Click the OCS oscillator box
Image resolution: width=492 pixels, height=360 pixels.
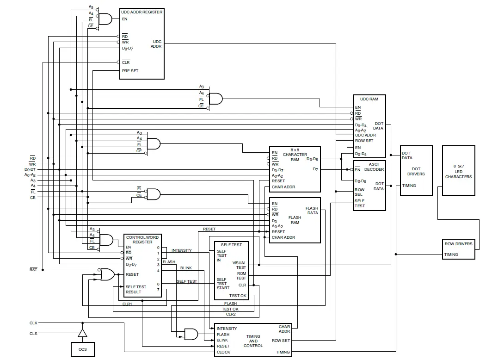pos(82,349)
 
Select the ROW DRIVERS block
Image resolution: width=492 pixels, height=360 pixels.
pos(458,249)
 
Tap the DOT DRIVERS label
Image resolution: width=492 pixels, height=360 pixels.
pos(416,171)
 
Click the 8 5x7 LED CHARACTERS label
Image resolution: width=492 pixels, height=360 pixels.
pos(458,171)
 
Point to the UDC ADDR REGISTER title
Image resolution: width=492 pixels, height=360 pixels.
pos(142,12)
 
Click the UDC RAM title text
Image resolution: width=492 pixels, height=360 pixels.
pos(369,99)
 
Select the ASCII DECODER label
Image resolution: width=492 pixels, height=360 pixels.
pos(374,167)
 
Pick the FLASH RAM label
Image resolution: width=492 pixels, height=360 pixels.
pos(295,220)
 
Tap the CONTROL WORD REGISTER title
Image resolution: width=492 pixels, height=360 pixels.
pos(142,240)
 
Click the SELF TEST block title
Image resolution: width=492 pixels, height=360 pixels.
pos(231,245)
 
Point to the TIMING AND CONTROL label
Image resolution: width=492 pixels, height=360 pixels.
pos(253,341)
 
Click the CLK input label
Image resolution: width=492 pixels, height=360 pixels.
pos(33,323)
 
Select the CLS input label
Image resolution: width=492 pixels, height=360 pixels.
pos(33,333)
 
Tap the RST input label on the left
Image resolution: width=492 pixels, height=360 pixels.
pos(33,270)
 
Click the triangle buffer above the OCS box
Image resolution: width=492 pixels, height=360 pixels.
pos(82,333)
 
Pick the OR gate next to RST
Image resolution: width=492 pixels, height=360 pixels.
pos(107,274)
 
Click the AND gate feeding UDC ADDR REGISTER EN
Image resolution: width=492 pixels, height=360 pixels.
pos(105,19)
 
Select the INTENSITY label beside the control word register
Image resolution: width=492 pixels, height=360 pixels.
pos(181,250)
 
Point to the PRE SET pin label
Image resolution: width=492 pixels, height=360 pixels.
pos(130,71)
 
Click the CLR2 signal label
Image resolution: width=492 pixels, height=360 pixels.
pos(231,314)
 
